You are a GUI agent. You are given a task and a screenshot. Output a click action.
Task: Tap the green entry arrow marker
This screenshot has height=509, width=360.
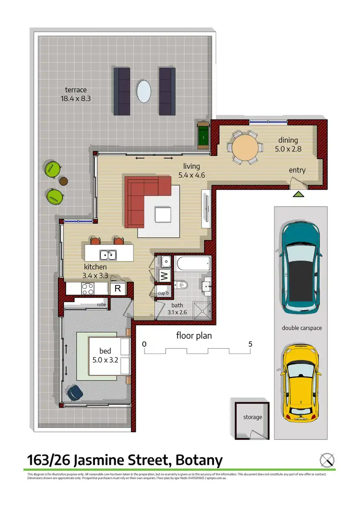click(x=298, y=194)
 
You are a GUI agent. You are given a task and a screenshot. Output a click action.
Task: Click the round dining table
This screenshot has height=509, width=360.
click(x=245, y=147)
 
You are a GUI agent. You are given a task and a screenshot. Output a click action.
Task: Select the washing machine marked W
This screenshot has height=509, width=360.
click(x=163, y=276)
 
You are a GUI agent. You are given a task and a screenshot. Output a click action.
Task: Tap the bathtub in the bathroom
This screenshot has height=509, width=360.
click(x=192, y=264)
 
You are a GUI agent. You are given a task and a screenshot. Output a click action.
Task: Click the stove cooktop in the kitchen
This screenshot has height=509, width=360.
click(x=88, y=288)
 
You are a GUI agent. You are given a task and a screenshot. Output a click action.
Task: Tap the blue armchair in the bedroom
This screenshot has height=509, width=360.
click(x=75, y=392)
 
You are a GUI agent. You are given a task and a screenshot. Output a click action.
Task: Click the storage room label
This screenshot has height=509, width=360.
click(x=252, y=417)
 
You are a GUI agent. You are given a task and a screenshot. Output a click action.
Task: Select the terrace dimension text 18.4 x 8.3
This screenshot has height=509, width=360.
click(x=76, y=98)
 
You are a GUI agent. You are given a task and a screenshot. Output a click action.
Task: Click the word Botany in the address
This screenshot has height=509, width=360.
click(x=199, y=461)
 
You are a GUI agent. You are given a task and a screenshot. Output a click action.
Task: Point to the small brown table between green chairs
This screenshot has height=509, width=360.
click(x=63, y=181)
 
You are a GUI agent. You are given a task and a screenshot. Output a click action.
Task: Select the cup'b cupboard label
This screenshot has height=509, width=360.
click(x=163, y=293)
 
